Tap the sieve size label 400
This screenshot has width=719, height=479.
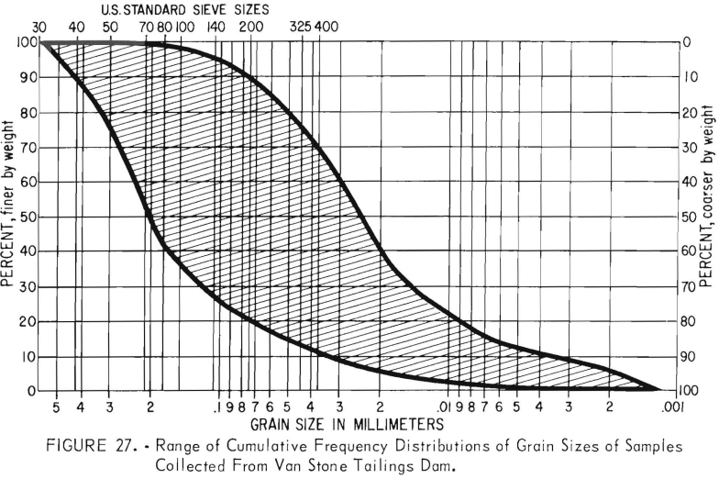pos(327,27)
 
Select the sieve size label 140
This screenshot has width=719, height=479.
pos(216,27)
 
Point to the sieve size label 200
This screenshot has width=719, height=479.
pos(249,27)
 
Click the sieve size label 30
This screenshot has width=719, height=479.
pos(39,27)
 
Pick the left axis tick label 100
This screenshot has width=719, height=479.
pos(26,42)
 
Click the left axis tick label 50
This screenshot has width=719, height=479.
pos(28,217)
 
